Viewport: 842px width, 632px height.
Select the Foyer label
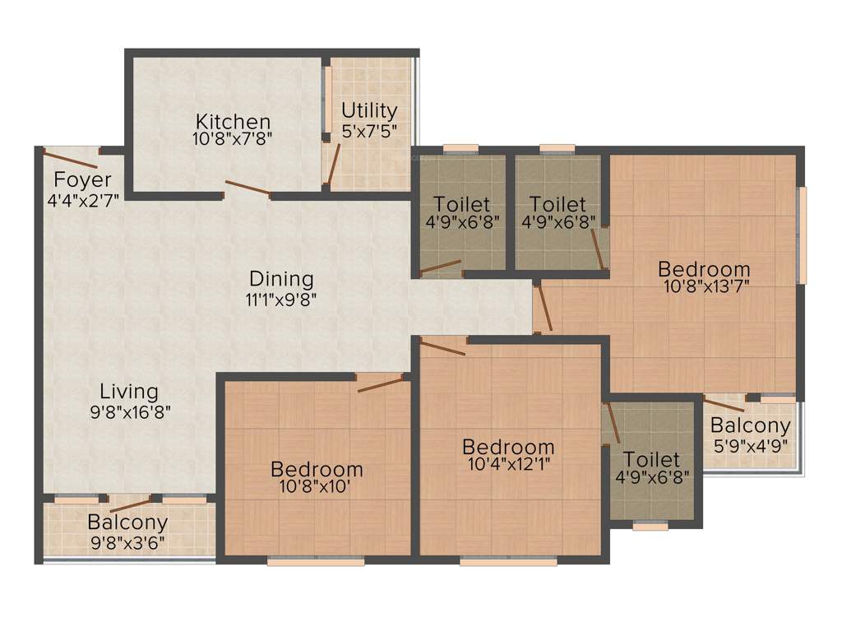pos(83,179)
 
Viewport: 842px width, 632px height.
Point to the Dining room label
pos(282,279)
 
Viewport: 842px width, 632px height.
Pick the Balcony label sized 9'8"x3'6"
pos(127,522)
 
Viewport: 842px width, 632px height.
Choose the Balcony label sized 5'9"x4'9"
pos(750,426)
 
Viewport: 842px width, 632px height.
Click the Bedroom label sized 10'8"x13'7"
pos(704,269)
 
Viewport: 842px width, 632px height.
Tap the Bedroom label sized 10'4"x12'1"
pos(508,447)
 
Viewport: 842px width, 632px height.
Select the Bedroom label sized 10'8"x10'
pos(317,469)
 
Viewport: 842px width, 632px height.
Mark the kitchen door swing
pos(248,189)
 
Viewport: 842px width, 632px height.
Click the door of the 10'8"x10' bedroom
pos(380,383)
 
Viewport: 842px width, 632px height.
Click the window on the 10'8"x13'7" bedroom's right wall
pos(803,235)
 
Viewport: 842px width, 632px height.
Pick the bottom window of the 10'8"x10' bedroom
pos(317,561)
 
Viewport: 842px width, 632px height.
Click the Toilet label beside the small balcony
pos(651,459)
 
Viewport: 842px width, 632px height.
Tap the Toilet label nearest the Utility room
pos(461,203)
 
